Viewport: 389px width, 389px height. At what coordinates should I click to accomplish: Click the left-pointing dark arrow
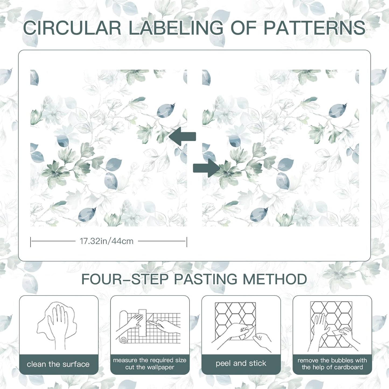[182, 136]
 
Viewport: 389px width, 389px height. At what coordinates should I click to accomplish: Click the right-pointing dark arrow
[206, 168]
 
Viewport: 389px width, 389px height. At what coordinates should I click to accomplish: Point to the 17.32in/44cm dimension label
[107, 241]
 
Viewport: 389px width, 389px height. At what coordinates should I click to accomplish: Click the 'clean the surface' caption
[58, 364]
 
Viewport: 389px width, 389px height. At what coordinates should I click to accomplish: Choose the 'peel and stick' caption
[241, 363]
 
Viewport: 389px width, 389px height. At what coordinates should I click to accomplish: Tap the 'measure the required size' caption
[150, 360]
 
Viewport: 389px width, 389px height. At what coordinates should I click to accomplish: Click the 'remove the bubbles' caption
[332, 360]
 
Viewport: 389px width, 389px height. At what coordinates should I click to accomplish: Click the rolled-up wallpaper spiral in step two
[123, 340]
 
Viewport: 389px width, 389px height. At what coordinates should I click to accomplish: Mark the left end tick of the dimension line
[30, 242]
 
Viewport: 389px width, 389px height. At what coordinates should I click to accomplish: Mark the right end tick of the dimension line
[187, 242]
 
